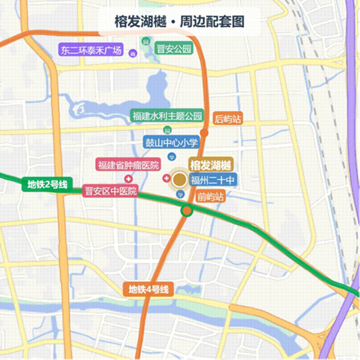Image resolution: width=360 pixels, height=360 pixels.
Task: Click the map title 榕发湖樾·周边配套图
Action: [179, 23]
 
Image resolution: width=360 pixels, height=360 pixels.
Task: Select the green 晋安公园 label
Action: [174, 48]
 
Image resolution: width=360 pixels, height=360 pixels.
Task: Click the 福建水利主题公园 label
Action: [166, 116]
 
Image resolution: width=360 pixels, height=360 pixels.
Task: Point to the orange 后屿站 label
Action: [228, 119]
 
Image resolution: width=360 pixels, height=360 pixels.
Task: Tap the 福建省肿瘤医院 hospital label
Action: [128, 165]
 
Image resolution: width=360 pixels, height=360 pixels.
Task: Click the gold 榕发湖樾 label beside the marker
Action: [211, 165]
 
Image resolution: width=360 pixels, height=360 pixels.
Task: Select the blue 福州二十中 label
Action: [212, 181]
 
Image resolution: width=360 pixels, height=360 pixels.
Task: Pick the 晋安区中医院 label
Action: [110, 191]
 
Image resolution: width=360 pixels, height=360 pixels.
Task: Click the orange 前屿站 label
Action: [211, 197]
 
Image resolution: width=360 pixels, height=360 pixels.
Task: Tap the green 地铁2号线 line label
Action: [47, 184]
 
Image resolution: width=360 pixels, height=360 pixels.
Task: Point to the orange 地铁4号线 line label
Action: [148, 290]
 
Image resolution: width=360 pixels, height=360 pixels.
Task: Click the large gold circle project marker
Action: [179, 180]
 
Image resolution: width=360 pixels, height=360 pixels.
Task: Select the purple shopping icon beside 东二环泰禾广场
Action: [133, 55]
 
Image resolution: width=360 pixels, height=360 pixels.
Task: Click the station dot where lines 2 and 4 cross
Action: [186, 211]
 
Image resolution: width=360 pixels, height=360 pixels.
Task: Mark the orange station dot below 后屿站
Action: [205, 133]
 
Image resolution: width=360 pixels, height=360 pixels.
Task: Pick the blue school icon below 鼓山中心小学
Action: [172, 156]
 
